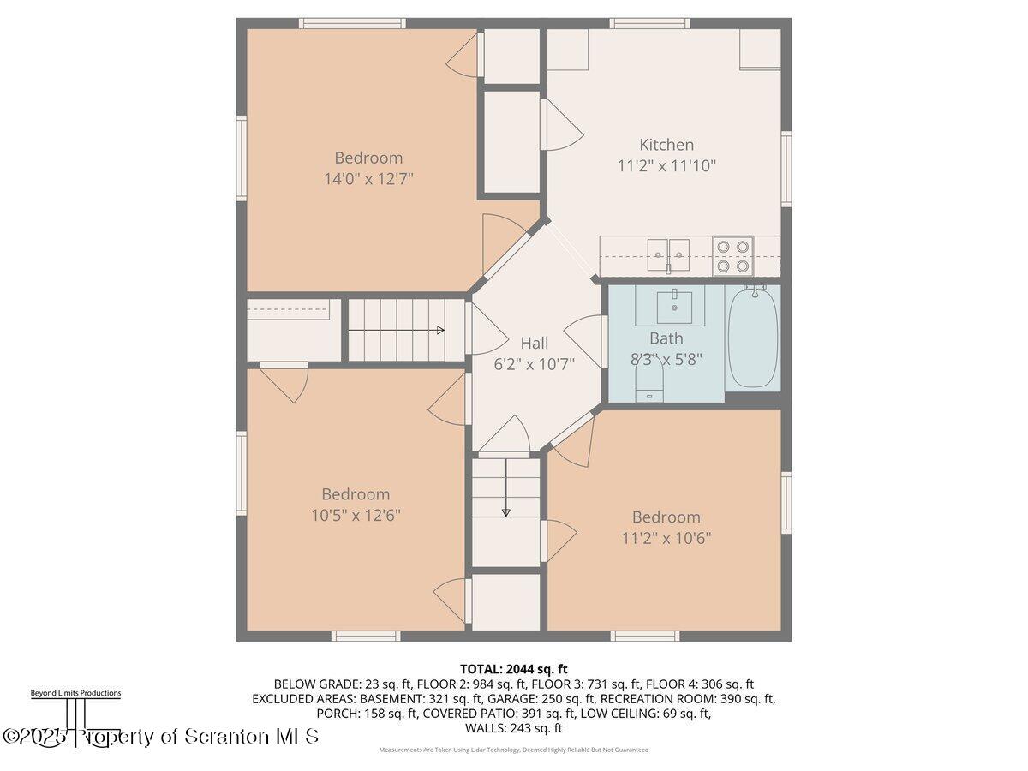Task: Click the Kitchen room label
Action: click(666, 145)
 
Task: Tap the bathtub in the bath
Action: click(753, 338)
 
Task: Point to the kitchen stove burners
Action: click(733, 255)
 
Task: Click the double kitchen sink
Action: click(668, 252)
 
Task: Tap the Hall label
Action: click(535, 343)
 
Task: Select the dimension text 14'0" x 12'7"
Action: click(368, 178)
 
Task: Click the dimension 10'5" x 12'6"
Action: click(356, 515)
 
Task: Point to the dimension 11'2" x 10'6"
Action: click(666, 538)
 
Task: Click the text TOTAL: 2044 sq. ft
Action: click(514, 668)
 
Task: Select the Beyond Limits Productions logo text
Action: click(75, 693)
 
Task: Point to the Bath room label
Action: click(666, 338)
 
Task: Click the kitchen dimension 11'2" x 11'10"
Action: click(666, 165)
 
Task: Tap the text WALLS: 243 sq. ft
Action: click(514, 728)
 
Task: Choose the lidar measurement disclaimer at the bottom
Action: click(514, 750)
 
